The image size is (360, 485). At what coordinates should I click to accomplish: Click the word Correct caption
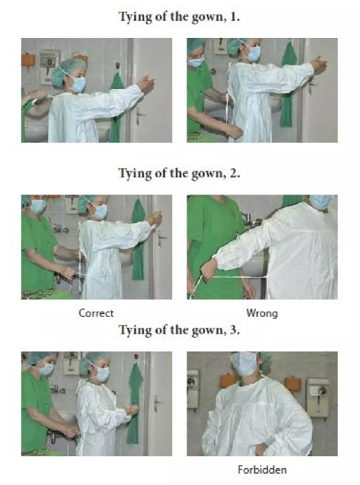point(96,313)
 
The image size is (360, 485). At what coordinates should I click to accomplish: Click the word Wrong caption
point(262,314)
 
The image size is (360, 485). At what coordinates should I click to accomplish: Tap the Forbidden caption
point(262,470)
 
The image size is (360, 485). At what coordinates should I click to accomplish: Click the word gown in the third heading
point(207,331)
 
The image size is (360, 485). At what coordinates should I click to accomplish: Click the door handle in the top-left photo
point(140,115)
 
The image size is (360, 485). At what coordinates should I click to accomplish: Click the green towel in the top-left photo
point(117,107)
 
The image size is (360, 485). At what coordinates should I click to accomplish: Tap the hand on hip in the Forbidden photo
point(261,449)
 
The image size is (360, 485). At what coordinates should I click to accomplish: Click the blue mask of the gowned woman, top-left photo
point(78,84)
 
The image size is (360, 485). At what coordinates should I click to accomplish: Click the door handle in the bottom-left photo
point(157,404)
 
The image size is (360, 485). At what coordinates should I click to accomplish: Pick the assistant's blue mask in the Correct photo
point(38,207)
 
